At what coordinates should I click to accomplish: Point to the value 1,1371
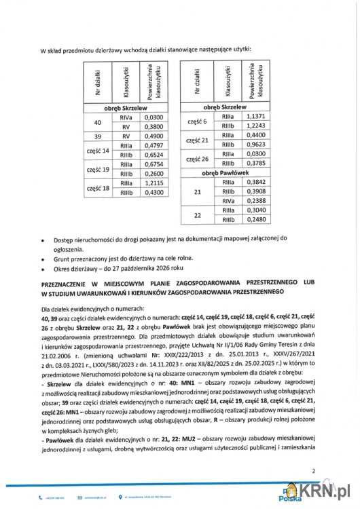[x=253, y=116]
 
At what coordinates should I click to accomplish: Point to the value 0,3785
[x=253, y=164]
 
